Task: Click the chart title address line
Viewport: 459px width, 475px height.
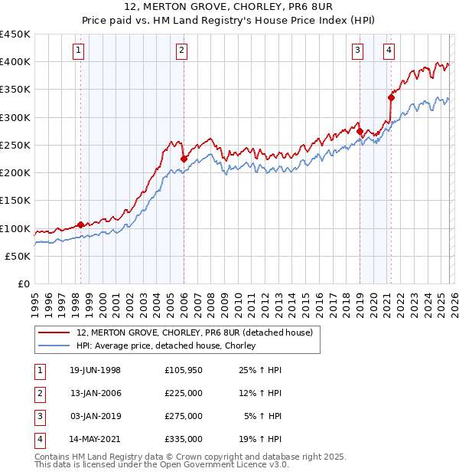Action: (x=229, y=8)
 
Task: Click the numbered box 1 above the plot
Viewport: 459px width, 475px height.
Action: (x=80, y=51)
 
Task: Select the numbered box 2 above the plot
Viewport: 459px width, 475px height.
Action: (x=181, y=51)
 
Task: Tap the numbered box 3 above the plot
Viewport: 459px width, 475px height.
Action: (x=357, y=51)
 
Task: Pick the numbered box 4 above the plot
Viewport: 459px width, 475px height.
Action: (x=389, y=51)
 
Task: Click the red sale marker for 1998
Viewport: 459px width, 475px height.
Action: (x=80, y=225)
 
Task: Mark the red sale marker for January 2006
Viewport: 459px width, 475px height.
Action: (x=184, y=159)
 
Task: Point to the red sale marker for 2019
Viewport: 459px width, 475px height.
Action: (x=360, y=131)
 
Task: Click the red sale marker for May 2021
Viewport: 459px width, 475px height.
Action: (x=391, y=97)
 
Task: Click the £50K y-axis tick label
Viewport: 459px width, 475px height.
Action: (x=18, y=256)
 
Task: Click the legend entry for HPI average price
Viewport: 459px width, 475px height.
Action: (x=166, y=346)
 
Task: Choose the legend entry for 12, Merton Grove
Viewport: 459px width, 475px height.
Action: (x=194, y=332)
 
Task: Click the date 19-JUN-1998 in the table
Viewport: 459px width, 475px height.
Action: (x=95, y=370)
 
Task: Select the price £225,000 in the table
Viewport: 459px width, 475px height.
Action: (x=184, y=393)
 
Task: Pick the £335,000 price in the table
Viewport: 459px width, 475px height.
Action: (x=184, y=439)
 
